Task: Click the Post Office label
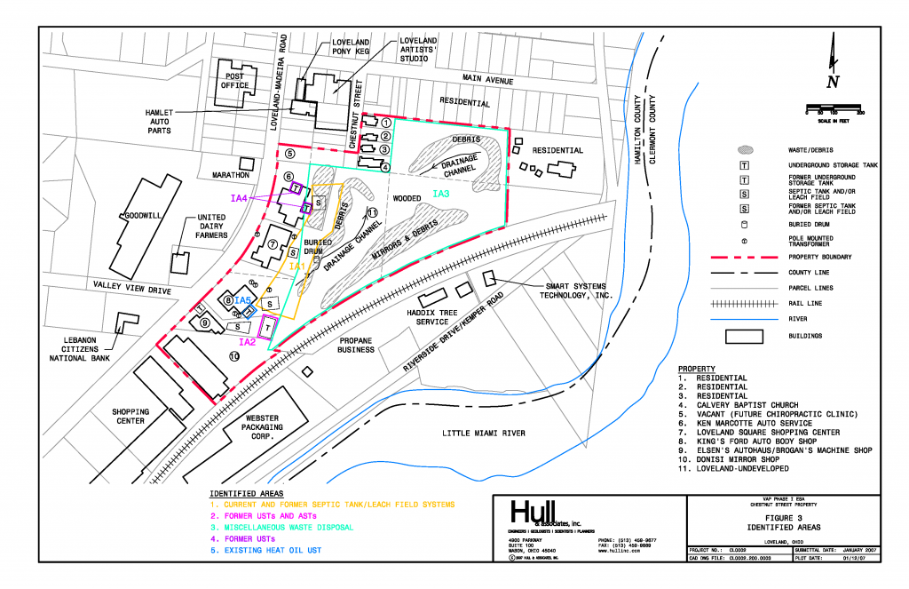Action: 234,82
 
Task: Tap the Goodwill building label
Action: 141,216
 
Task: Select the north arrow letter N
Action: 832,83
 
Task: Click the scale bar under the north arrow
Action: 834,110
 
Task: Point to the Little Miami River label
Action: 484,434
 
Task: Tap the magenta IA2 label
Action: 248,342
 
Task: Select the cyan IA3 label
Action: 442,193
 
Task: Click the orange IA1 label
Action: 296,266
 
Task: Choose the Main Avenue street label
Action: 487,81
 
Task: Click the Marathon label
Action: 231,175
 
